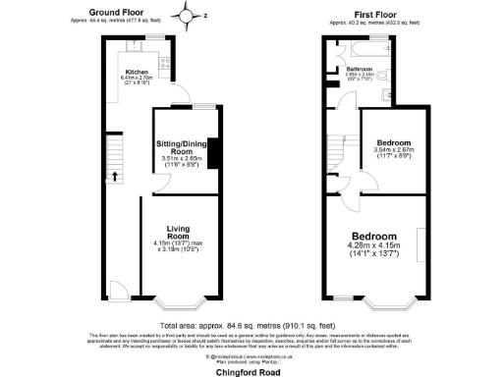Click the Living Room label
click(x=178, y=232)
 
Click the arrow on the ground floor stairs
click(x=114, y=177)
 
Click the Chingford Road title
click(x=251, y=369)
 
